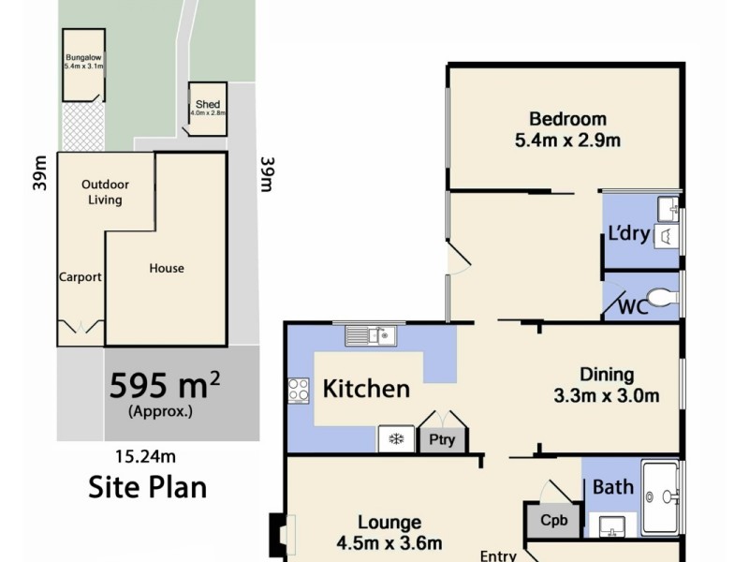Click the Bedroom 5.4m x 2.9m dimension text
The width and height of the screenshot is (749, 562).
coord(567,141)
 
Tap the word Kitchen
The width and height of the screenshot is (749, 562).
coord(366,389)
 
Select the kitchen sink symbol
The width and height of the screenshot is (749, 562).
coord(372,334)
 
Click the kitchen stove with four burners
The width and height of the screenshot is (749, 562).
coord(299,390)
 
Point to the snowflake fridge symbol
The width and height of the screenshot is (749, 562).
coord(395,439)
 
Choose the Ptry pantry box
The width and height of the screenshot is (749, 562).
coord(441,439)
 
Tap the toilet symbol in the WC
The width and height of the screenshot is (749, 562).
coord(662,298)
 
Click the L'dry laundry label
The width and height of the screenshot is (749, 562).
coord(628,234)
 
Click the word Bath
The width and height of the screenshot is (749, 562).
coord(613,487)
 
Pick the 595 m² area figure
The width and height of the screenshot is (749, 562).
coord(165,385)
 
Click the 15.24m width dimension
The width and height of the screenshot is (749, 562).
coord(145,457)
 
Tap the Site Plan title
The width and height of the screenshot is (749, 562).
coord(147,487)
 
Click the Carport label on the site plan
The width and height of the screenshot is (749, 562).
coord(81,277)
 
